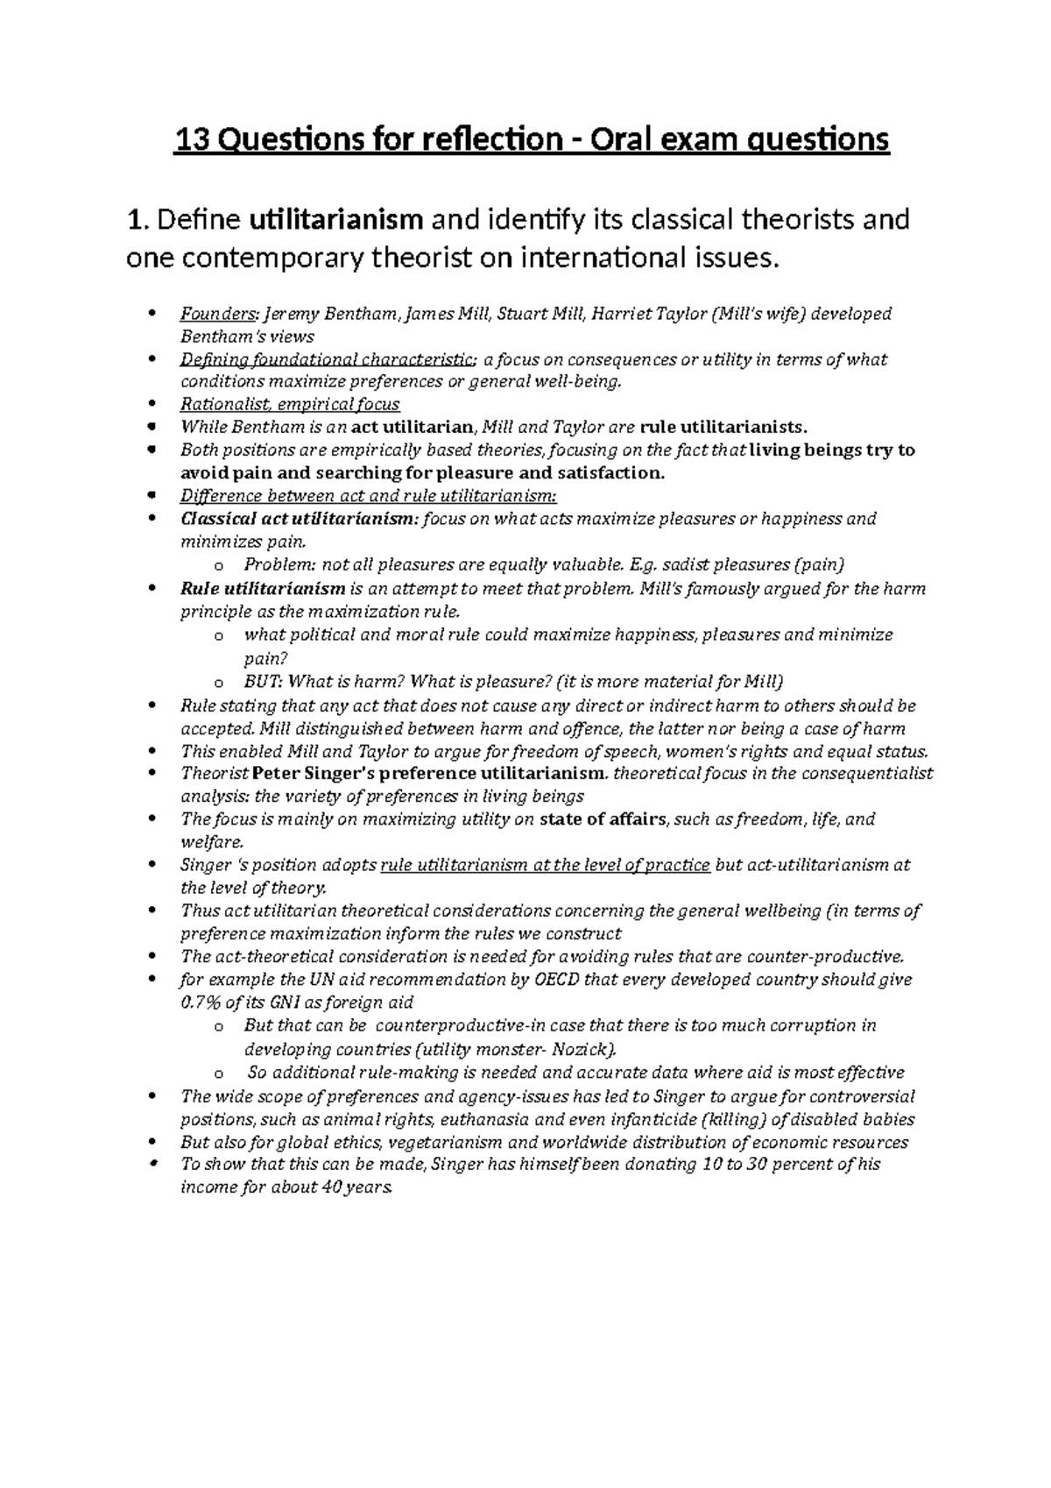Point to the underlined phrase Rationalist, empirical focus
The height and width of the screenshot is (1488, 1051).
pyautogui.click(x=290, y=405)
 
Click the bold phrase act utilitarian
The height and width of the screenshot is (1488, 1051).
pyautogui.click(x=412, y=428)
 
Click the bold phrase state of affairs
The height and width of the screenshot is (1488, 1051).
pyautogui.click(x=603, y=820)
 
